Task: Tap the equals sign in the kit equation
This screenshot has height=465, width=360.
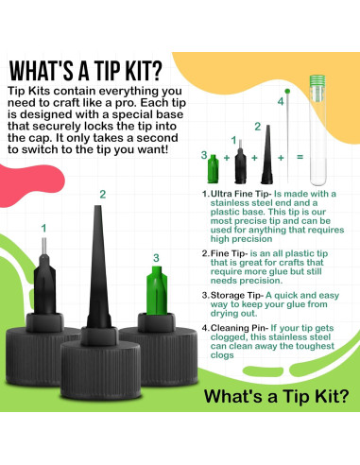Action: (x=300, y=157)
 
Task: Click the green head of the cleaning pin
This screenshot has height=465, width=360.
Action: (x=287, y=92)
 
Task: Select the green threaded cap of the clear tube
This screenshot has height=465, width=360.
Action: (x=317, y=81)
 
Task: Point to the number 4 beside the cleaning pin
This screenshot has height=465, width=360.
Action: (x=281, y=102)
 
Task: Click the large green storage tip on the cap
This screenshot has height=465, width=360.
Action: (x=157, y=290)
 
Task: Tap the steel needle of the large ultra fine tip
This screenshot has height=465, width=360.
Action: (x=44, y=246)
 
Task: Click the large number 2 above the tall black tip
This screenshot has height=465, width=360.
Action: (x=103, y=195)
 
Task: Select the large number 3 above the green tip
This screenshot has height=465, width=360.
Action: (x=156, y=258)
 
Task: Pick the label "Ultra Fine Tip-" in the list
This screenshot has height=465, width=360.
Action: (x=241, y=194)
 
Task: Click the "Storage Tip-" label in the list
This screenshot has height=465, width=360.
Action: (x=237, y=296)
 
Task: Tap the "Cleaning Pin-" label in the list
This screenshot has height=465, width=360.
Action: (x=239, y=328)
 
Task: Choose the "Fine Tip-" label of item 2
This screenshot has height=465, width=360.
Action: (x=230, y=253)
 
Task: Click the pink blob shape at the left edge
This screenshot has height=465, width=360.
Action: (x=30, y=185)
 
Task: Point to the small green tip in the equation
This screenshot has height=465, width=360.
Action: (x=213, y=168)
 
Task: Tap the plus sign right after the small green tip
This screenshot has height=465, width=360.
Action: (x=227, y=158)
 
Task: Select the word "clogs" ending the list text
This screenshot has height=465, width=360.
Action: (x=222, y=355)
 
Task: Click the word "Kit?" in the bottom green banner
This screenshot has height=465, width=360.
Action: (x=332, y=396)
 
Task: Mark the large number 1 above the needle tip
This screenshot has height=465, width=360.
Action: (x=43, y=228)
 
